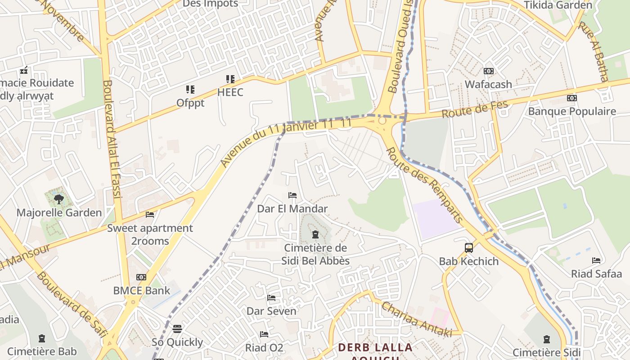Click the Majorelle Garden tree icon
tap(58, 199)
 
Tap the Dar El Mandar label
tap(292, 209)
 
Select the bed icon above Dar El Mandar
tap(292, 195)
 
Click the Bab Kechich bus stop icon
tap(469, 247)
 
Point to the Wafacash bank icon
tap(488, 71)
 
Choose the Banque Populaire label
tap(572, 111)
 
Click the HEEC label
tap(230, 93)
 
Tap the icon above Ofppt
tap(190, 90)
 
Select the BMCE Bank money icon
tap(141, 277)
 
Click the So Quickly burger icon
tap(177, 329)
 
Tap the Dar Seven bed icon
tap(271, 298)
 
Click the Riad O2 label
tap(264, 348)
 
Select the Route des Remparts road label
tap(424, 185)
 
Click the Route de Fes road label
tap(475, 109)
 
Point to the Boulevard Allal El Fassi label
tap(112, 139)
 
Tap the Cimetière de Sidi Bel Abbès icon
tap(315, 234)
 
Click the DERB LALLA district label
tap(375, 347)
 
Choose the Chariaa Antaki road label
tap(416, 319)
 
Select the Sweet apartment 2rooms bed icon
tap(150, 215)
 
